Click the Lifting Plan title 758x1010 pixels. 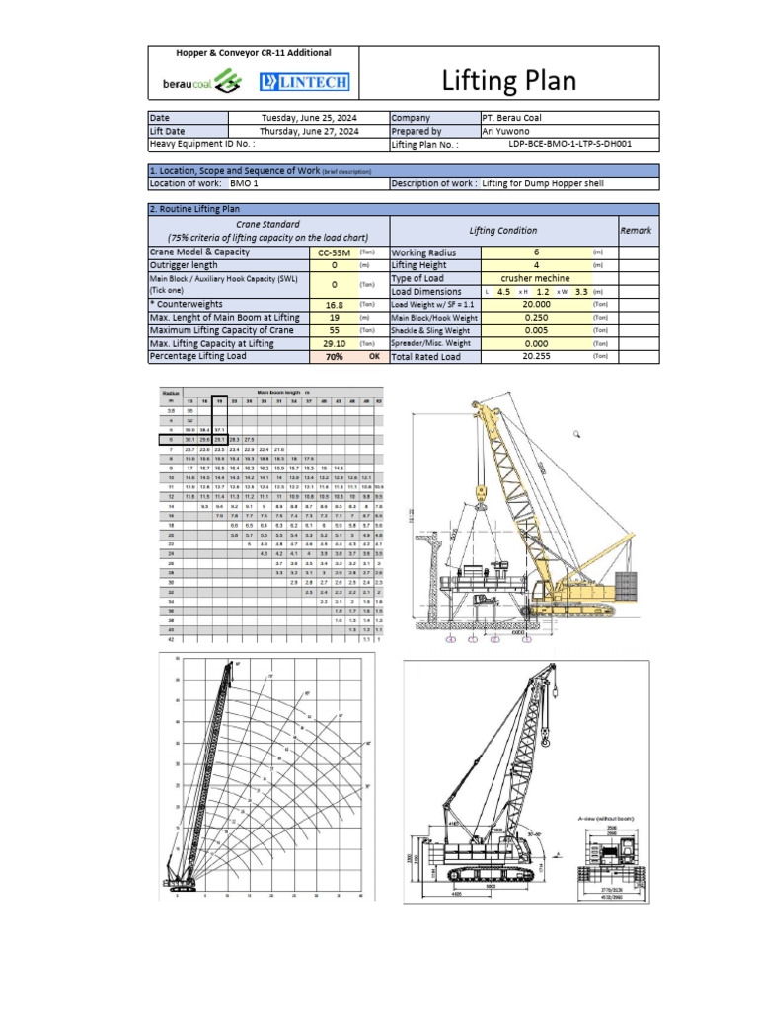pyautogui.click(x=507, y=80)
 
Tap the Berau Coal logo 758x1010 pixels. pyautogui.click(x=200, y=82)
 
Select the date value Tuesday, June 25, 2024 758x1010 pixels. pyautogui.click(x=309, y=117)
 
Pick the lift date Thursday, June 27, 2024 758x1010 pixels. pyautogui.click(x=309, y=130)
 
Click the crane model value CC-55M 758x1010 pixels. pyautogui.click(x=334, y=252)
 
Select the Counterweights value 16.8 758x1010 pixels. pyautogui.click(x=334, y=305)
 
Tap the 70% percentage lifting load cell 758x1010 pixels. pyautogui.click(x=334, y=357)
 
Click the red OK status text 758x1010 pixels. pyautogui.click(x=374, y=357)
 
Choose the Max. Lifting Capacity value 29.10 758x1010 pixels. pyautogui.click(x=334, y=343)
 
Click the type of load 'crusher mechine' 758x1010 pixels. pyautogui.click(x=536, y=278)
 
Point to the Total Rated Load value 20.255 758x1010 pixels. pyautogui.click(x=536, y=357)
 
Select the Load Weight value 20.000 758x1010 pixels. pyautogui.click(x=536, y=305)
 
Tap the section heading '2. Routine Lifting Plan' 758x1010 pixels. pyautogui.click(x=194, y=209)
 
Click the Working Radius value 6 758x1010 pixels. pyautogui.click(x=536, y=252)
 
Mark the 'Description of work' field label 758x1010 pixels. pyautogui.click(x=434, y=183)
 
